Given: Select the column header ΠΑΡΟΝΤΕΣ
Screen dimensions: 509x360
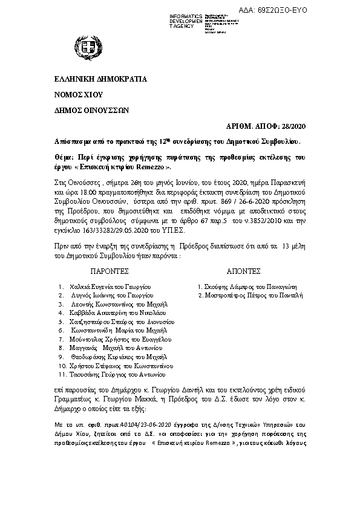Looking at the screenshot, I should coord(110,272).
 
